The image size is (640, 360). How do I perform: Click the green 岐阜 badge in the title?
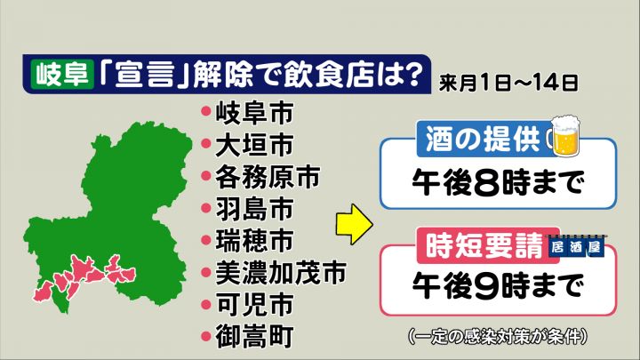(62, 74)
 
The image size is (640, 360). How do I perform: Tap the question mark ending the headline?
(411, 73)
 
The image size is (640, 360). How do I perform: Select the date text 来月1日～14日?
(508, 83)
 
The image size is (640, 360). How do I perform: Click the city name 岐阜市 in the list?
(254, 113)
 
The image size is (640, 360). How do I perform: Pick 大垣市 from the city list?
(254, 145)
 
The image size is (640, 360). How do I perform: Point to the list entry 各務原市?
(268, 177)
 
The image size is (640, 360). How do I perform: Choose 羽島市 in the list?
(254, 209)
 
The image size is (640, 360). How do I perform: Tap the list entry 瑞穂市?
(254, 240)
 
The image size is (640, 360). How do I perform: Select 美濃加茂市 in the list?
(281, 272)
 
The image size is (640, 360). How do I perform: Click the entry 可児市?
(254, 304)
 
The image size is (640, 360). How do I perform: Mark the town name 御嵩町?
(254, 336)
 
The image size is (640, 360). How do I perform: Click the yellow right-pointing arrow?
(355, 224)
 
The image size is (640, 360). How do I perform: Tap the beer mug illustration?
(565, 135)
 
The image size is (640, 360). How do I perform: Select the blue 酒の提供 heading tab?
(483, 139)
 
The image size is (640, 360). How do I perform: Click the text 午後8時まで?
(498, 183)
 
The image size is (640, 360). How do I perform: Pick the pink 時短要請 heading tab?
(484, 245)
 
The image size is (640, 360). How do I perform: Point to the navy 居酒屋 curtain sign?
(576, 245)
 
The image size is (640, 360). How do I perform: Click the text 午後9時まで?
(498, 286)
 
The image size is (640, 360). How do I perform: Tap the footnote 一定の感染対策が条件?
(498, 336)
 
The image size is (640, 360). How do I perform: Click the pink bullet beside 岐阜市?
(206, 111)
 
